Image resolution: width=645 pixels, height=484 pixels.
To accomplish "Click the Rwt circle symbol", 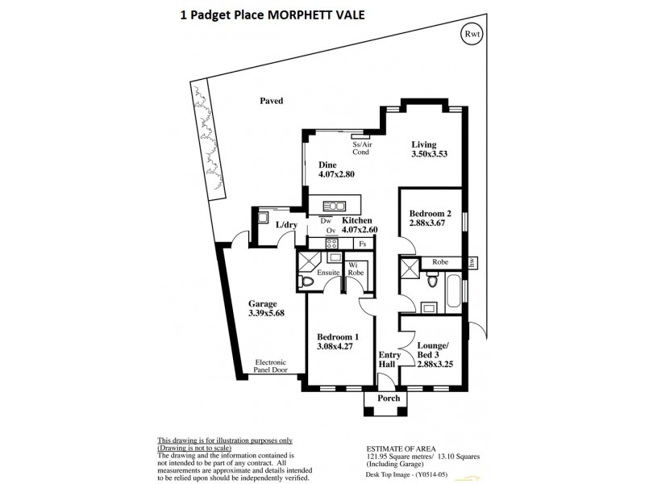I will [469, 35].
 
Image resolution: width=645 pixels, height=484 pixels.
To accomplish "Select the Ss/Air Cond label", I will [360, 148].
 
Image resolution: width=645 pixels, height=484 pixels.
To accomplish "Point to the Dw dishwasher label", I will [325, 219].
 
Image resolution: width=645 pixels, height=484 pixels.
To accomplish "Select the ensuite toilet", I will [305, 282].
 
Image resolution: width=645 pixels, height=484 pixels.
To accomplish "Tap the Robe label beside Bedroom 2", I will [440, 262].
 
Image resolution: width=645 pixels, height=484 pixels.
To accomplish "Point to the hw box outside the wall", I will [472, 262].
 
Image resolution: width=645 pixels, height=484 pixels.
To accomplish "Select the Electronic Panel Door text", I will [276, 367].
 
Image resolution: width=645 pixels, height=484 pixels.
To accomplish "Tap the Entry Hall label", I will [388, 360].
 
